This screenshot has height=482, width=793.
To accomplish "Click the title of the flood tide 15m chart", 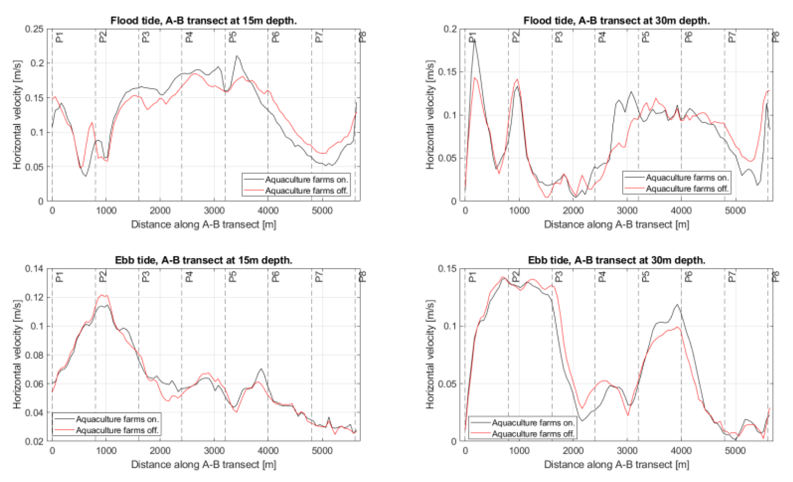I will point(203,20).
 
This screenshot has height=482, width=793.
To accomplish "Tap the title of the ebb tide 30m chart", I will point(616,260).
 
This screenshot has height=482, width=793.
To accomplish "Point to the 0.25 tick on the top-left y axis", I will point(34,29).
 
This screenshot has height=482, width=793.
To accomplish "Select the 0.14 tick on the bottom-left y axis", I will point(34,269).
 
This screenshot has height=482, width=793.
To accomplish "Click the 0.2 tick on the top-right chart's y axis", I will point(450,29).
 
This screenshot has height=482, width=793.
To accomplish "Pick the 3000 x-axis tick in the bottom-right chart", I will point(627,451).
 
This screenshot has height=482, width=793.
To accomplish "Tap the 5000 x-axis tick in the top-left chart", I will point(322,211).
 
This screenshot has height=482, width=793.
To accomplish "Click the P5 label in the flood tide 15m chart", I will point(233,37).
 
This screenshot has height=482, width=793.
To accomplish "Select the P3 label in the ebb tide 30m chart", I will point(559,277).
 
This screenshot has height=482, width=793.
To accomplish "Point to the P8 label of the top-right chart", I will point(775,37).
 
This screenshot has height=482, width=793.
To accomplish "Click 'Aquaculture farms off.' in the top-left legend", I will point(306,191).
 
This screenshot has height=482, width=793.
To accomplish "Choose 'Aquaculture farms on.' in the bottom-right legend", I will point(533,422).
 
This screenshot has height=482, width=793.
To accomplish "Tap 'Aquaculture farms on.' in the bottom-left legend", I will point(117,419).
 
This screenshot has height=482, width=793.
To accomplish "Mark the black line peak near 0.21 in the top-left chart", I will point(237,56).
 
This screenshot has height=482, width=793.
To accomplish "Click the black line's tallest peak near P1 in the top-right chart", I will point(474,40).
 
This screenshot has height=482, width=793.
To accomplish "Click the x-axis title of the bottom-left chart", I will point(203,464).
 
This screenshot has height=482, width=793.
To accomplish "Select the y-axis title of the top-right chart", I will point(430,115).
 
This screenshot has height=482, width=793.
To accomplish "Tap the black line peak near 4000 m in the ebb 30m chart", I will point(677,304).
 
